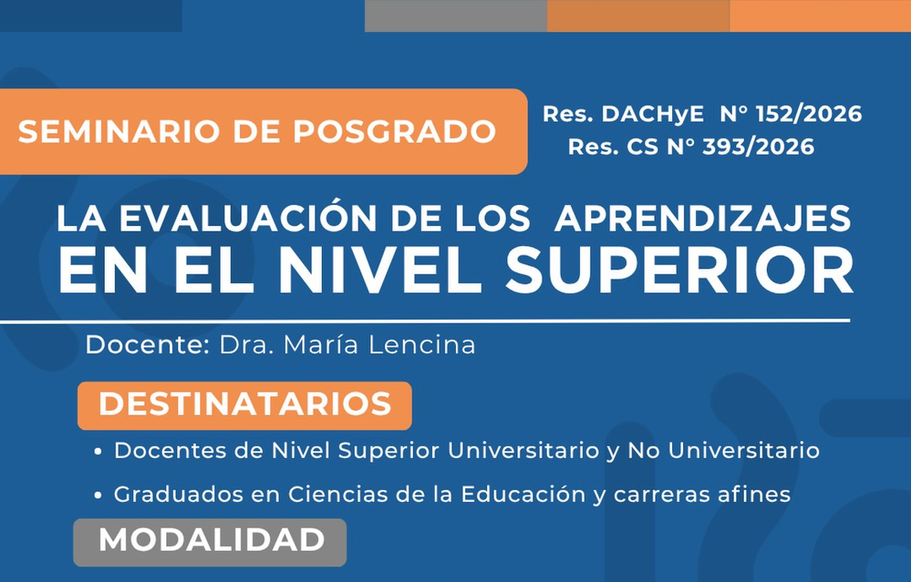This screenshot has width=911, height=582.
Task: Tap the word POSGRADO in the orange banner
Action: click(394, 131)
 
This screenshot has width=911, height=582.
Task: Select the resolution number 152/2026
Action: click(809, 114)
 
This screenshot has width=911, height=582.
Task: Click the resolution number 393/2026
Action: click(758, 147)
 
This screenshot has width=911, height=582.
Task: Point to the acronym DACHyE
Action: click(652, 115)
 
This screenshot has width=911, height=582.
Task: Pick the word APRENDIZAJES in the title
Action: click(703, 219)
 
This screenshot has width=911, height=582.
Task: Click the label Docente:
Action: click(148, 344)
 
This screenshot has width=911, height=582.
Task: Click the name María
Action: click(322, 344)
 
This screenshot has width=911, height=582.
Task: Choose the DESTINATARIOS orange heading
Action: click(244, 405)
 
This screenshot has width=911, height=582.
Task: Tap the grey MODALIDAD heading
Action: click(210, 542)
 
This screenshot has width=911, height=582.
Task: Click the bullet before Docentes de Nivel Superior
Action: click(98, 452)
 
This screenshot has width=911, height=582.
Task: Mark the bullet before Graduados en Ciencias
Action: click(98, 495)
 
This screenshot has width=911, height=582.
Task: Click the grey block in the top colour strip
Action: click(456, 15)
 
